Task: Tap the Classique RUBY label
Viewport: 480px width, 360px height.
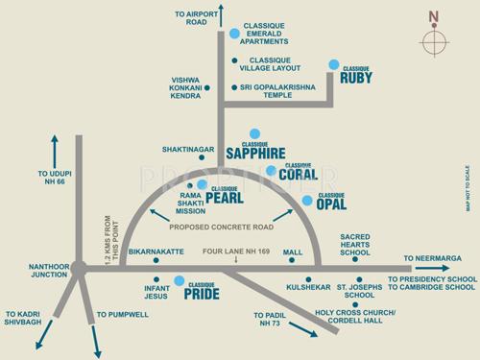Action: (x=356, y=76)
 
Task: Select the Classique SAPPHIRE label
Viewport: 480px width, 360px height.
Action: (x=255, y=150)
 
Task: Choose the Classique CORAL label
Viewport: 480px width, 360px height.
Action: (x=298, y=172)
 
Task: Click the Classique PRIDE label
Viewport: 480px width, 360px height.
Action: (x=203, y=293)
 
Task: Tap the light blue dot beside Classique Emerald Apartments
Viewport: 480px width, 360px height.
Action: (x=234, y=34)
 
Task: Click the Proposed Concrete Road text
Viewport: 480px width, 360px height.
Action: (x=223, y=228)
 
